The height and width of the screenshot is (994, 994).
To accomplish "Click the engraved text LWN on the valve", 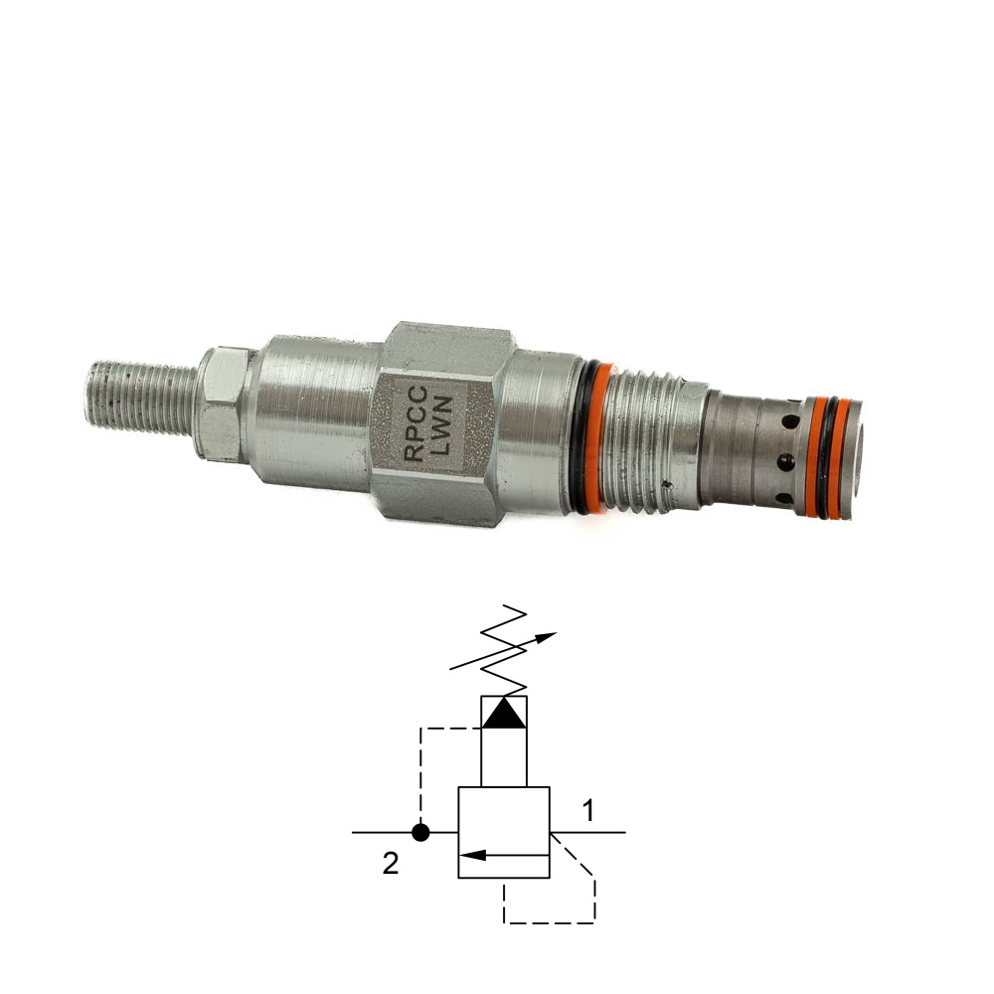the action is point(441,426).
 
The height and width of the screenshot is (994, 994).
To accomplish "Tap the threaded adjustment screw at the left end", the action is point(142,398).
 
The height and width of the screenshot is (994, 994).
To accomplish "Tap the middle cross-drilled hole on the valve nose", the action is point(786,462).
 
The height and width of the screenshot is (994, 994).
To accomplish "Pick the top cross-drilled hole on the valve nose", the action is point(790,420).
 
